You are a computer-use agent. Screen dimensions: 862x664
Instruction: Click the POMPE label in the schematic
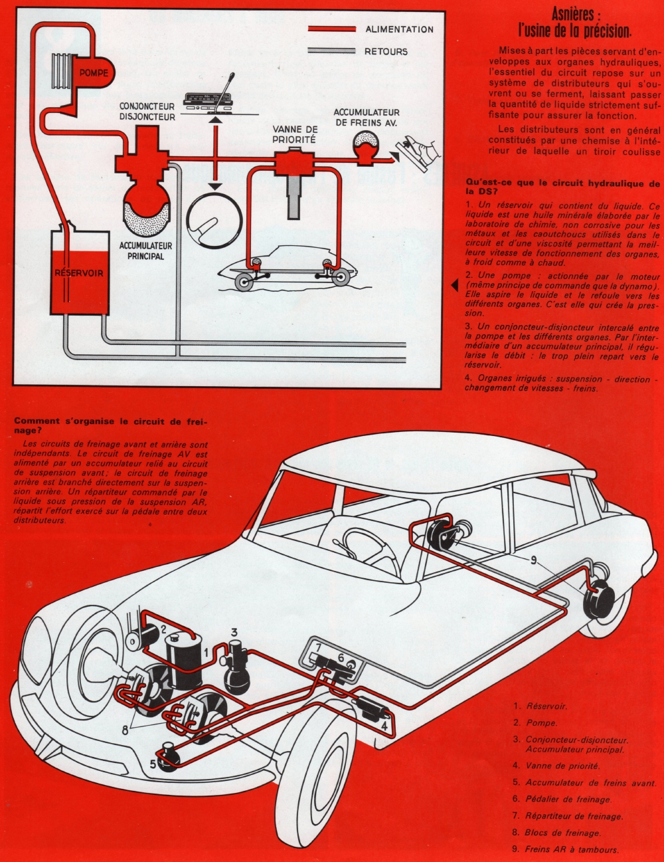point(94,73)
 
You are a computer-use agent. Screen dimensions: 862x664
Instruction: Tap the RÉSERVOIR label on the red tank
point(79,273)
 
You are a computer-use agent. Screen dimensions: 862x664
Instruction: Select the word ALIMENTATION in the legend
point(399,29)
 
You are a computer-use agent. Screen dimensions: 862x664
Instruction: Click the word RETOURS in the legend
point(386,51)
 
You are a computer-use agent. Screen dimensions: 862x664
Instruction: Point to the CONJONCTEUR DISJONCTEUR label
point(147,112)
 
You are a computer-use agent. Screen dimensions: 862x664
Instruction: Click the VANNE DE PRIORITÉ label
point(294,134)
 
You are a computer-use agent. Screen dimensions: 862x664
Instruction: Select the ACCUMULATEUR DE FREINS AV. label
point(367,118)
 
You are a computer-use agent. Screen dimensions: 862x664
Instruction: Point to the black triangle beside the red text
point(456,284)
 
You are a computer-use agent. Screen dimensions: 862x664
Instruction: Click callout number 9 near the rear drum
point(533,560)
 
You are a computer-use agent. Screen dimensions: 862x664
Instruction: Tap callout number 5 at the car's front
point(153,764)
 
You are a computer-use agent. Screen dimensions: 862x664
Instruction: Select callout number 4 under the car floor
point(384,726)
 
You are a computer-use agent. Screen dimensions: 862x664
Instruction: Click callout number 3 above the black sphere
point(234,632)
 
